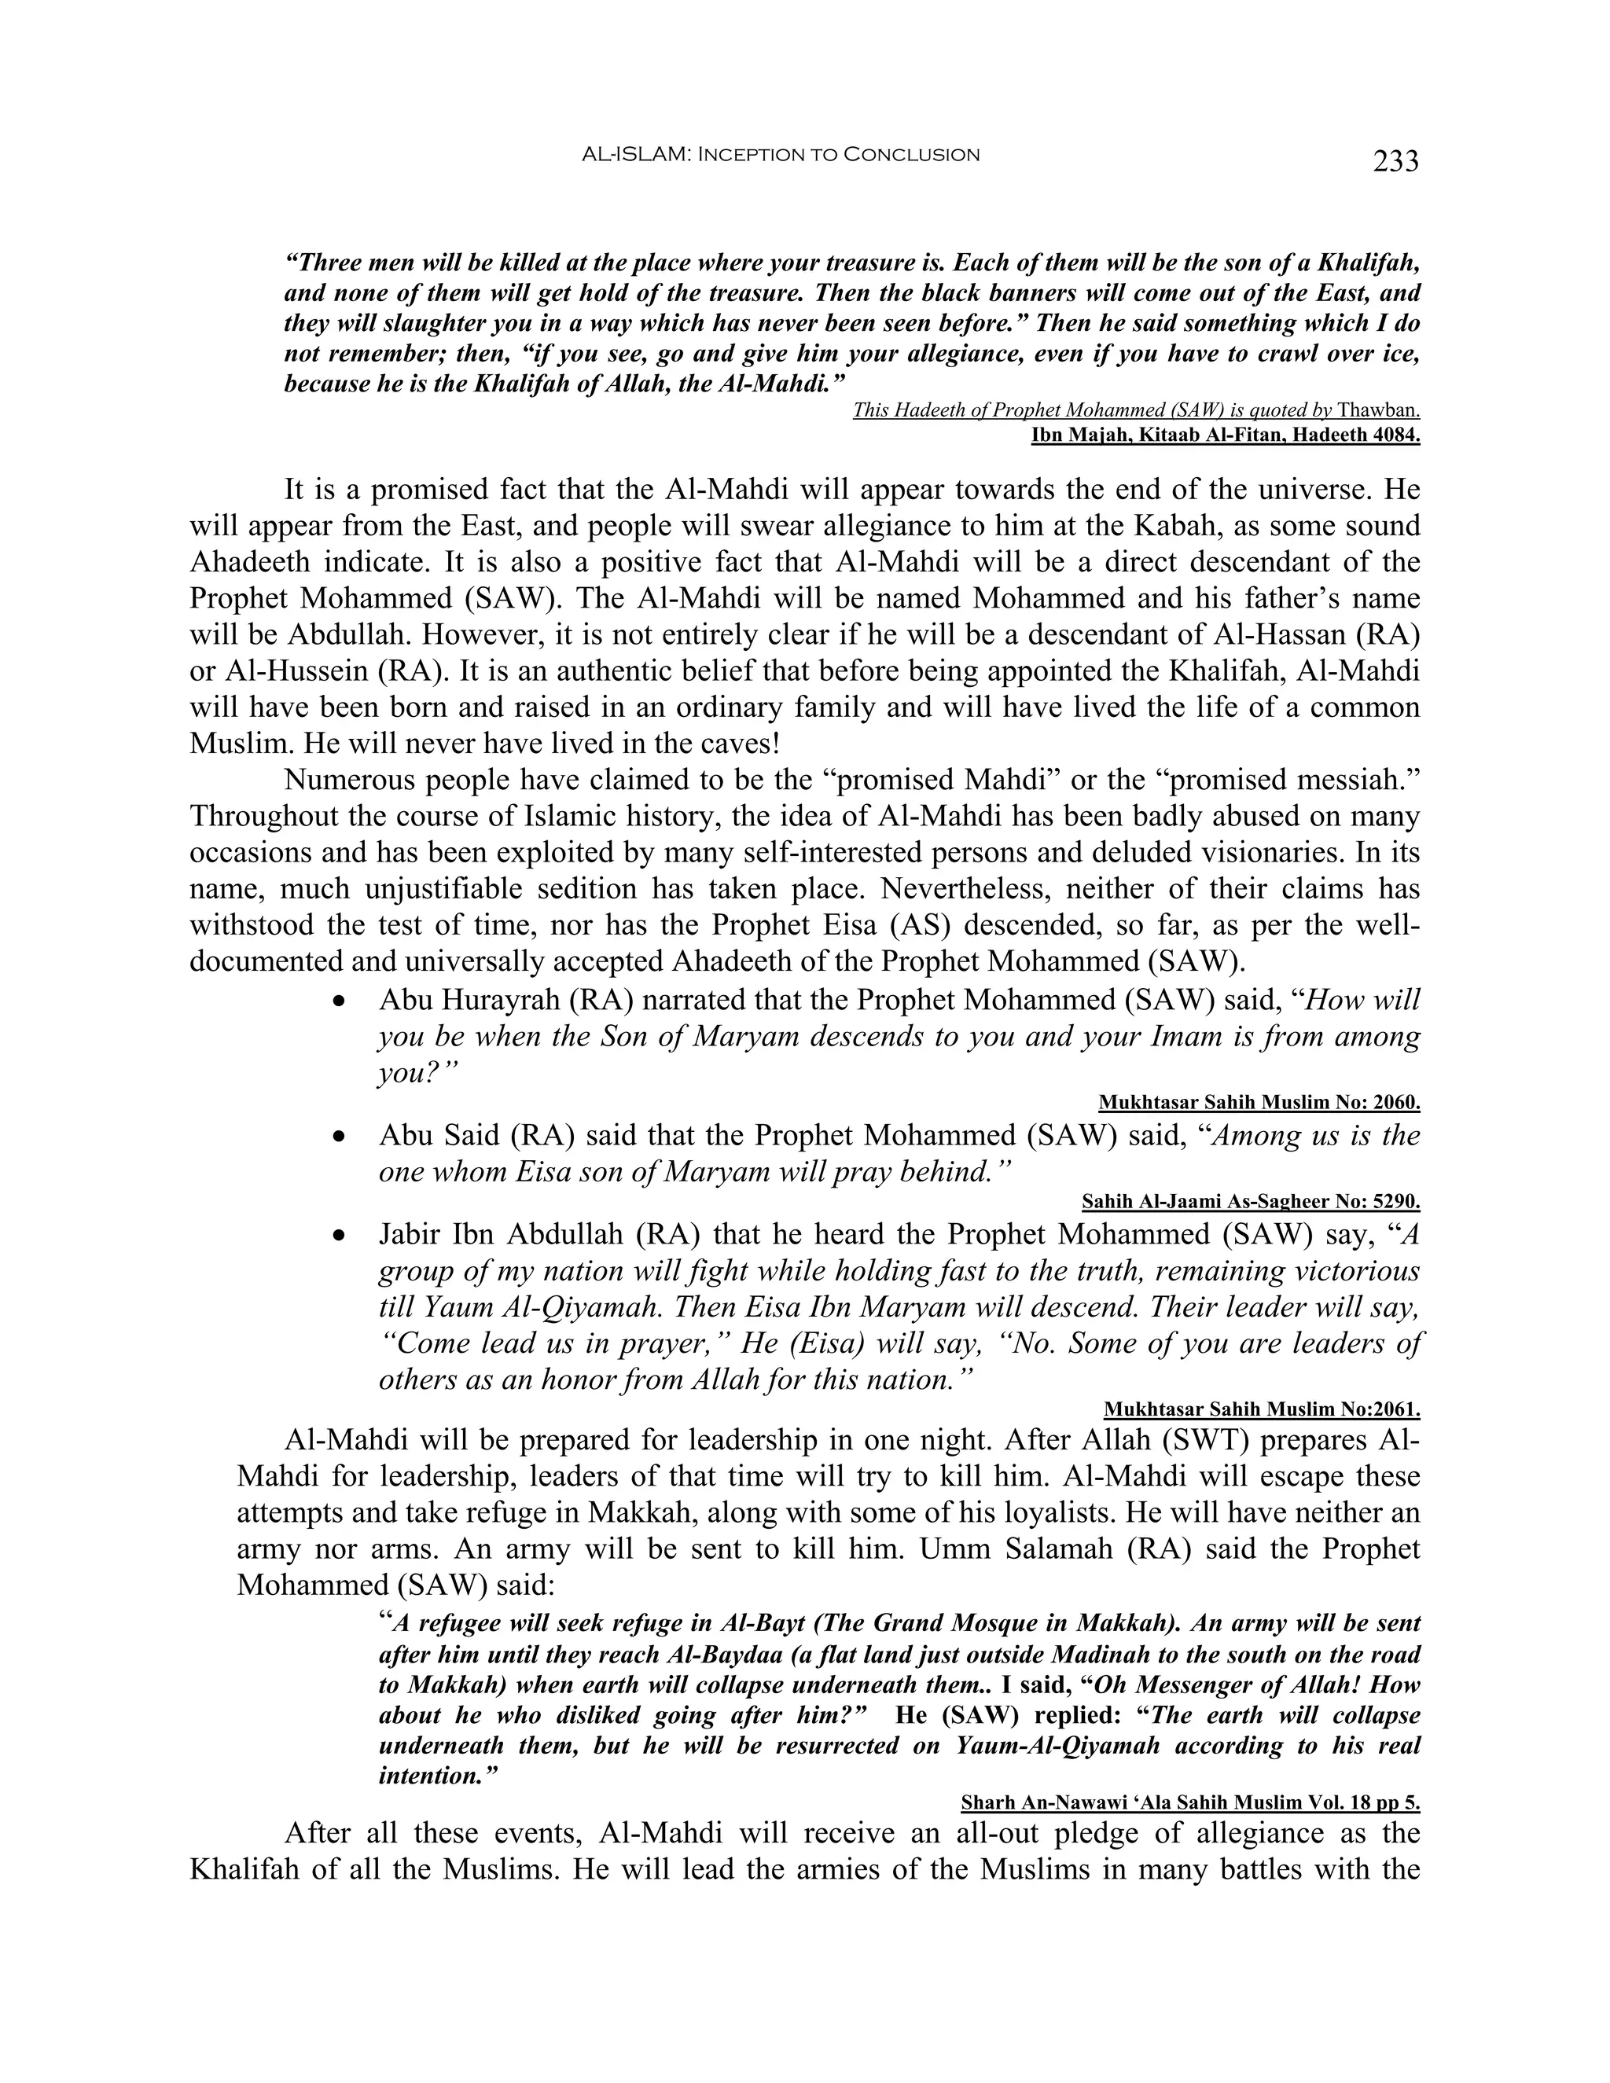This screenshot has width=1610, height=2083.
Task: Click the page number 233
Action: (1395, 162)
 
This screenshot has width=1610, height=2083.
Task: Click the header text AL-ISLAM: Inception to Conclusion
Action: (780, 155)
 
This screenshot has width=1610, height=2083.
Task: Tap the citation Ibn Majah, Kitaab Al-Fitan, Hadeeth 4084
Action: (1226, 436)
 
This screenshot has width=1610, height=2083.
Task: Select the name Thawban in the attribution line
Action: (1378, 411)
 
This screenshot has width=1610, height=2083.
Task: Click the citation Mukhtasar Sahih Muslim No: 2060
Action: (1259, 1104)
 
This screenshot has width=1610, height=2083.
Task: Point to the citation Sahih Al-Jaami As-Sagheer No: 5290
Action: (1252, 1202)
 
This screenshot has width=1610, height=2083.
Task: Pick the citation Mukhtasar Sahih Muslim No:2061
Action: (1262, 1409)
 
